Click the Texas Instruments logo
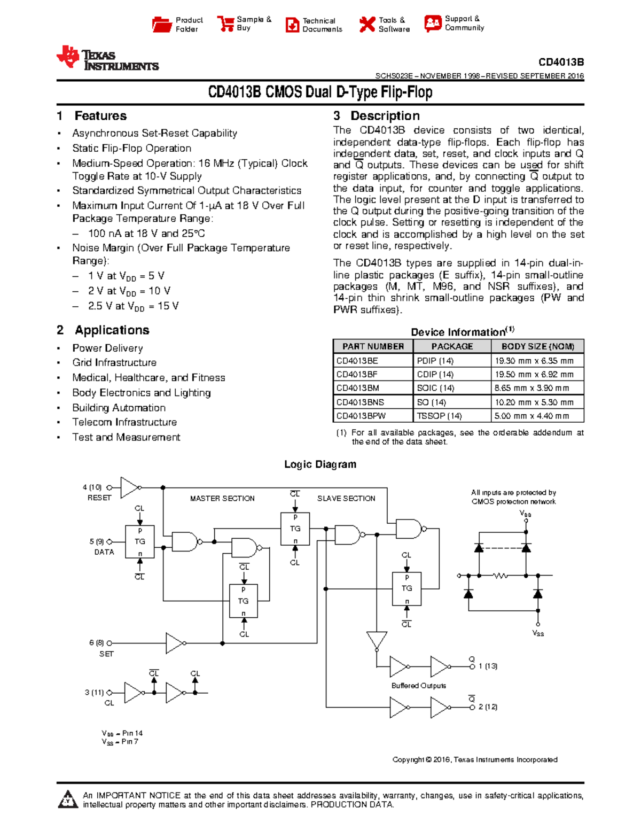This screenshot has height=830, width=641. coord(107,58)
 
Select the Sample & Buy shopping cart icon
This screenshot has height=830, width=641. coord(225,24)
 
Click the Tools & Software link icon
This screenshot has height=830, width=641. coord(367,24)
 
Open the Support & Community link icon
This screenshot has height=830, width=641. coord(433,23)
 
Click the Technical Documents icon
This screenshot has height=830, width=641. coord(292,25)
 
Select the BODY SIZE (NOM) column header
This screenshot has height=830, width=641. coord(537,346)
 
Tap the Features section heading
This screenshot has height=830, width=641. coord(100,116)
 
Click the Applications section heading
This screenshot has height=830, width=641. coord(112,330)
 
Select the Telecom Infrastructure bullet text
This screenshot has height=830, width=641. coord(124,422)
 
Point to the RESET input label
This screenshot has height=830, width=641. coord(99,498)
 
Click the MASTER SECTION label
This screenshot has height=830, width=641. coord(222,498)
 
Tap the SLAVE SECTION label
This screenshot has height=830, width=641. coord(346,498)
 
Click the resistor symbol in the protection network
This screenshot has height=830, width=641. coord(501,576)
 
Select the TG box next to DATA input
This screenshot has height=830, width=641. coord(140,541)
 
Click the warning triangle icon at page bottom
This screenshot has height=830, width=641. coord(67,799)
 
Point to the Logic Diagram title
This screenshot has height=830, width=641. coord(320,464)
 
